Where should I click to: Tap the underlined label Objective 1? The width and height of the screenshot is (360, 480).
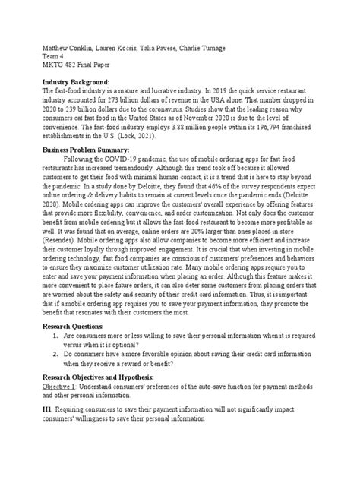63,387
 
